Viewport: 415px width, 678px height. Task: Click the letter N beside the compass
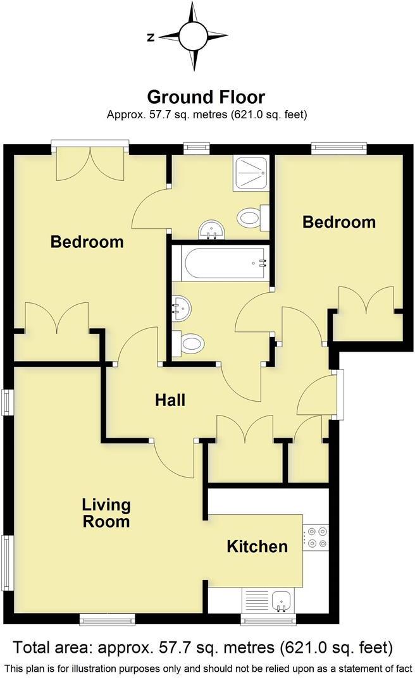pos(151,37)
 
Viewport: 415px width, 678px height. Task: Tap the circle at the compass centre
pos(193,36)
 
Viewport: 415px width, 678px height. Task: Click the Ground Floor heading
pos(206,97)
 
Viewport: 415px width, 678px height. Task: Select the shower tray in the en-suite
pos(251,173)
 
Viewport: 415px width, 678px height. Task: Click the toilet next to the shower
pos(251,219)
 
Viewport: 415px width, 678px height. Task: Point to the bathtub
pos(221,262)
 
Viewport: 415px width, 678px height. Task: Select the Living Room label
pos(106,513)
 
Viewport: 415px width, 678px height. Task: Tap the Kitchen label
pos(257,546)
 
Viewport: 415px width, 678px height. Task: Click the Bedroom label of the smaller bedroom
pos(338,222)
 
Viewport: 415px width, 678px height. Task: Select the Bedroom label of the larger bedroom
pos(87,242)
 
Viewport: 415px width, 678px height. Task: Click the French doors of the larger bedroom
pos(90,163)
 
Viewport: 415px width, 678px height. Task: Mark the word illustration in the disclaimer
pos(129,668)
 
